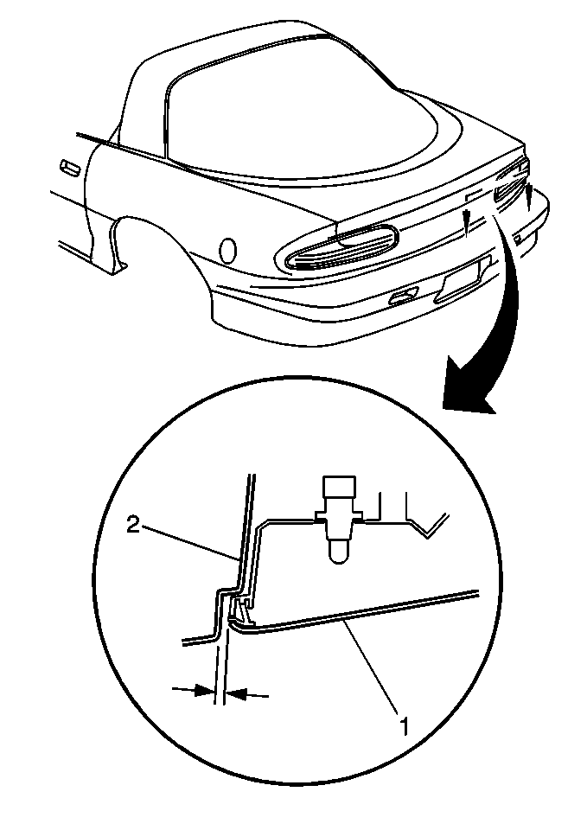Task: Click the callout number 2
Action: point(133,526)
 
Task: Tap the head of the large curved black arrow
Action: point(466,387)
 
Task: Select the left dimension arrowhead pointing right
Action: point(204,690)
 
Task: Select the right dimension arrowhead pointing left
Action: point(235,693)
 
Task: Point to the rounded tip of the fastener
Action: point(336,552)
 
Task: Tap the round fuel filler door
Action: point(228,250)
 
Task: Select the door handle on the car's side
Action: point(70,167)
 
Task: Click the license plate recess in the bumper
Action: point(463,280)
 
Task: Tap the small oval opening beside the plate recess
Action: point(404,297)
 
